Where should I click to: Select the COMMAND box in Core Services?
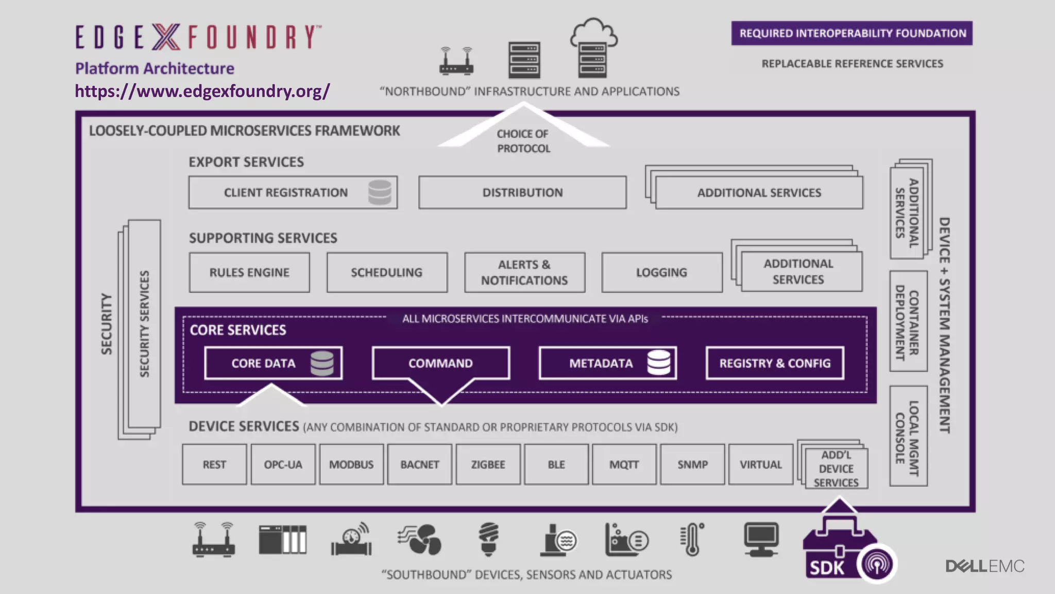click(x=440, y=363)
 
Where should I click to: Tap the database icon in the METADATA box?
click(x=658, y=362)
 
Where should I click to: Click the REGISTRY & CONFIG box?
click(x=775, y=363)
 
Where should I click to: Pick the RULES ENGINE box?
click(x=249, y=272)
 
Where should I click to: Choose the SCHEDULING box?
click(x=387, y=272)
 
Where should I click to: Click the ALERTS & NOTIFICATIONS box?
click(x=524, y=272)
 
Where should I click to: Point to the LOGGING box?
click(x=661, y=272)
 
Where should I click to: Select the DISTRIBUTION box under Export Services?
click(x=522, y=192)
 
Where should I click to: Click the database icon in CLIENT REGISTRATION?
click(x=380, y=192)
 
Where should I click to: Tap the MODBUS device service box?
click(x=351, y=465)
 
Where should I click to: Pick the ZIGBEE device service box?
click(x=488, y=465)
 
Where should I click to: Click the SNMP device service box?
click(x=692, y=465)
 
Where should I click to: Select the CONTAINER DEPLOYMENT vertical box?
click(x=908, y=321)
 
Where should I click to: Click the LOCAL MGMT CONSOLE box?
click(x=908, y=436)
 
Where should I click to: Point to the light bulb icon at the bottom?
click(x=488, y=539)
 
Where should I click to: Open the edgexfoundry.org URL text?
click(x=202, y=91)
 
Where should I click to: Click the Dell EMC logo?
click(x=984, y=566)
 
